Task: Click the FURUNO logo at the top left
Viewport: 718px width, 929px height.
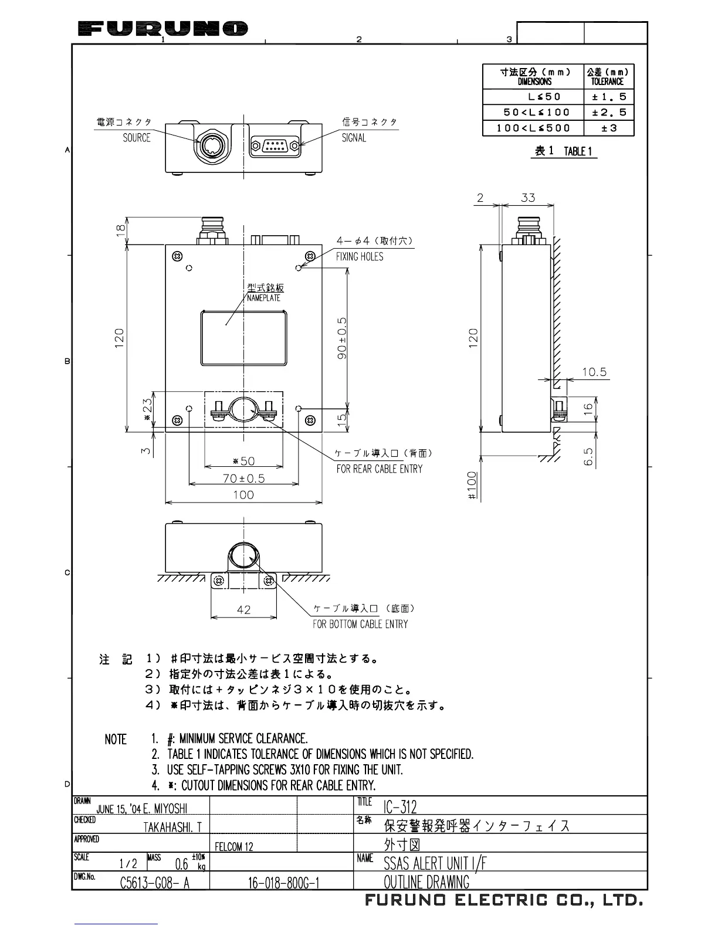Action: [x=162, y=28]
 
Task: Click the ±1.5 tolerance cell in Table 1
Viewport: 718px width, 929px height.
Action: [x=609, y=97]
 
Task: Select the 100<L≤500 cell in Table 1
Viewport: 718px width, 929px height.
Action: [x=533, y=128]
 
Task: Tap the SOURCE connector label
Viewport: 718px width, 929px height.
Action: [x=137, y=138]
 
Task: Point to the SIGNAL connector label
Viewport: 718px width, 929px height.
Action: [x=354, y=138]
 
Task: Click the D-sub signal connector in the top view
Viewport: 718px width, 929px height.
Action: [x=275, y=145]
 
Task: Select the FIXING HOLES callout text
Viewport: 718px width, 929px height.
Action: [x=360, y=257]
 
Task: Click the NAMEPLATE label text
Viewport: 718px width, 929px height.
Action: [x=264, y=298]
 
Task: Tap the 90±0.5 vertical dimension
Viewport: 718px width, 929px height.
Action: [x=343, y=338]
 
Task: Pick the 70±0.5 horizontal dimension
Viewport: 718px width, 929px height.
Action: [x=243, y=479]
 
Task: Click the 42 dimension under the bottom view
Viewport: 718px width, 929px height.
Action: [x=243, y=610]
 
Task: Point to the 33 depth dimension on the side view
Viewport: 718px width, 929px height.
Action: [x=528, y=198]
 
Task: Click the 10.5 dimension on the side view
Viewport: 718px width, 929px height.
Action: [x=594, y=372]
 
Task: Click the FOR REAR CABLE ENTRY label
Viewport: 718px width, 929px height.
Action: [x=379, y=469]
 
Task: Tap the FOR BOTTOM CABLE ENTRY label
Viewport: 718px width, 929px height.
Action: [x=360, y=624]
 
